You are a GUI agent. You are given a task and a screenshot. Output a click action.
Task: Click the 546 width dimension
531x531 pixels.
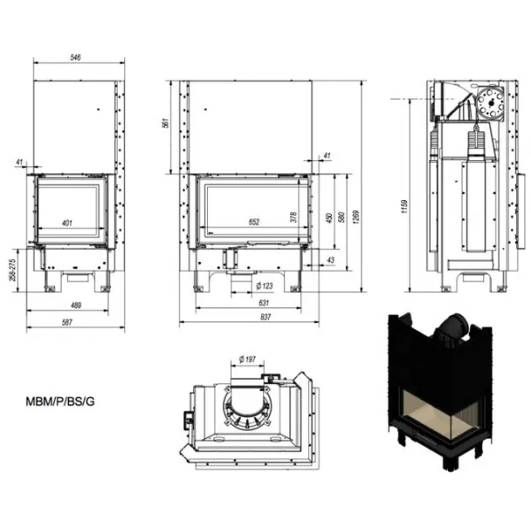[x=75, y=58]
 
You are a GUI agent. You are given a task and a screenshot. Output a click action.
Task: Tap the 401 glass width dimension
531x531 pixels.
[x=67, y=223]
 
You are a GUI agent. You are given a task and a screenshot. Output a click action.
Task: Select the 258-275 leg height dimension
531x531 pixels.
[x=13, y=270]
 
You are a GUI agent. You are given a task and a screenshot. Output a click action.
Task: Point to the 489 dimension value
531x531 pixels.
[x=76, y=305]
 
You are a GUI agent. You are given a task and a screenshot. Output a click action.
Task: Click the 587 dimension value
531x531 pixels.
[x=67, y=322]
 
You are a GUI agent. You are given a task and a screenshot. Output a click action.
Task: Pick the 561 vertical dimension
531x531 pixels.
[x=165, y=123]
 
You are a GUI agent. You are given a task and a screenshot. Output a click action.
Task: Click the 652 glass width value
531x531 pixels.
[x=254, y=222]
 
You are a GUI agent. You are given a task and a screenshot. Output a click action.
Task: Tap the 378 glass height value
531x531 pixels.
[x=294, y=217]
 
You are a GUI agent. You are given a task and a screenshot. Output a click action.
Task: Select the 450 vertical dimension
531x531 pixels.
[x=329, y=218]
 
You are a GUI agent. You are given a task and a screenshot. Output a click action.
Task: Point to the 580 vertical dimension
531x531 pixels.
[x=342, y=217]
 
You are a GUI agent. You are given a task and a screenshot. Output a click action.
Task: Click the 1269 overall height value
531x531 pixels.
[x=356, y=217]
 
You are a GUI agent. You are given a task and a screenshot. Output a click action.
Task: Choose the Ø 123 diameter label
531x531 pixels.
[x=265, y=286]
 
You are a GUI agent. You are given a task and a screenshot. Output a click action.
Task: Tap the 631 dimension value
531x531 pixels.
[x=264, y=303]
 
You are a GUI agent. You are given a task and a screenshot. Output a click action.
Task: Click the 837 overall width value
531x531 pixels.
[x=265, y=317]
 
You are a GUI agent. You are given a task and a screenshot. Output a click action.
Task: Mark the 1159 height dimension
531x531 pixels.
[x=404, y=206]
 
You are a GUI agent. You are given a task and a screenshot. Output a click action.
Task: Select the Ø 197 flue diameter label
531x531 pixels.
[x=247, y=359]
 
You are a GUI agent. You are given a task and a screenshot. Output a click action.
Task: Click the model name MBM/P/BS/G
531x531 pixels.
[x=60, y=402]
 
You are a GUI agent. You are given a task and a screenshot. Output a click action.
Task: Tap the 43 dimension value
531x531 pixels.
[x=331, y=259]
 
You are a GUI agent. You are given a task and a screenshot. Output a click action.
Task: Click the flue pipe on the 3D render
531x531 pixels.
[x=453, y=327]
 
